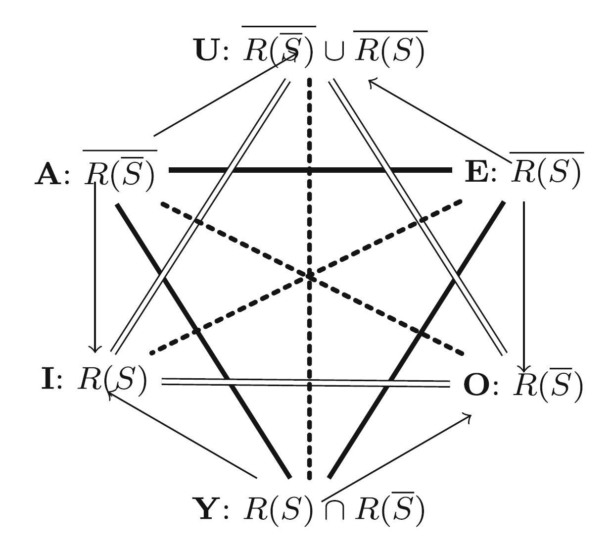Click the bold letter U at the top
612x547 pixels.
pos(207,50)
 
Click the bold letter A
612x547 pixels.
pos(47,175)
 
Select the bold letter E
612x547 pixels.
pos(476,173)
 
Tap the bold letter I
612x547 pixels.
pos(47,379)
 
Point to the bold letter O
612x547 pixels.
pos(476,385)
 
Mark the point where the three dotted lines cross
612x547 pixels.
pos(310,276)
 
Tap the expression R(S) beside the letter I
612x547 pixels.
pos(112,380)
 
